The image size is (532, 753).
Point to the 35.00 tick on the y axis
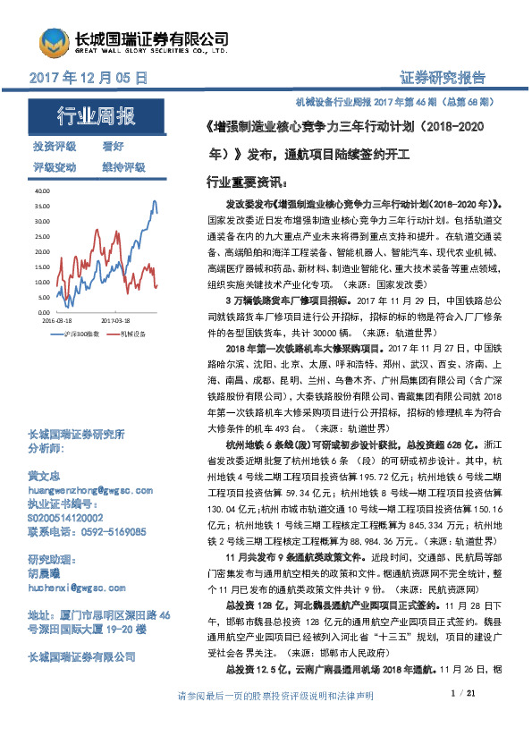click(x=43, y=207)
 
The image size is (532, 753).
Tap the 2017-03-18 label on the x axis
click(x=116, y=318)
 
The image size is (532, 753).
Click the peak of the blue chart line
click(x=156, y=201)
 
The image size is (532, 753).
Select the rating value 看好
click(x=113, y=146)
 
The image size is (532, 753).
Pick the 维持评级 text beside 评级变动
click(x=122, y=167)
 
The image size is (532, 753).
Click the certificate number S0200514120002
click(x=65, y=518)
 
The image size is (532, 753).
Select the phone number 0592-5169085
click(x=111, y=530)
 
